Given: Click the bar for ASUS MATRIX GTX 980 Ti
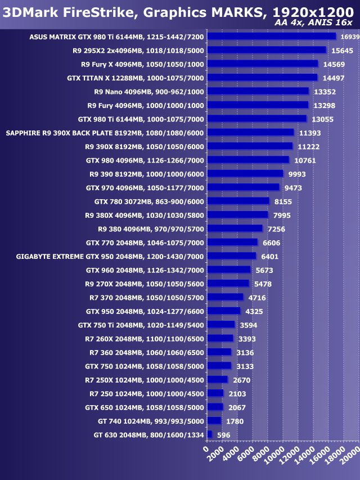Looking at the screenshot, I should pyautogui.click(x=271, y=37).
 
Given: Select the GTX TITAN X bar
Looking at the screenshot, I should pyautogui.click(x=262, y=78).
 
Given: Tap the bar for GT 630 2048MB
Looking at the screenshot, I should pyautogui.click(x=210, y=434).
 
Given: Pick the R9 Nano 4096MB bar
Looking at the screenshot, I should pyautogui.click(x=258, y=91).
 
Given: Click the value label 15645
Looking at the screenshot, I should pyautogui.click(x=342, y=51).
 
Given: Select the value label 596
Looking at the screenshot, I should pyautogui.click(x=224, y=435).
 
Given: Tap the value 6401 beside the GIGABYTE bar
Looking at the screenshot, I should pyautogui.click(x=269, y=257).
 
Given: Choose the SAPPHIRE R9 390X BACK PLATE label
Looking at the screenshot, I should pyautogui.click(x=105, y=133).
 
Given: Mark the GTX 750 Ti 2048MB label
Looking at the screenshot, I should pyautogui.click(x=141, y=325).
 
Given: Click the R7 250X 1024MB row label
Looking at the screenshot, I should pyautogui.click(x=144, y=380).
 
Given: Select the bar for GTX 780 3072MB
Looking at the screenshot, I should pyautogui.click(x=238, y=201).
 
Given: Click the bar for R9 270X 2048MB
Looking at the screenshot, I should pyautogui.click(x=228, y=284).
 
